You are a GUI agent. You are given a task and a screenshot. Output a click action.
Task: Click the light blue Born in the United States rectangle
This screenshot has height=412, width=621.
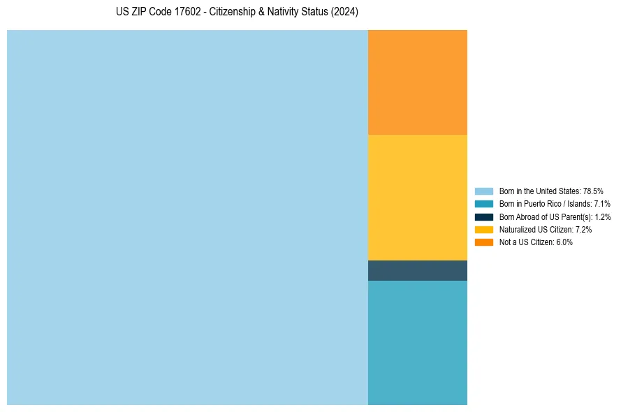(x=187, y=217)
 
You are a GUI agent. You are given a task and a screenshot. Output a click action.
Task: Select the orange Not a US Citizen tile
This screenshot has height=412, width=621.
(x=418, y=82)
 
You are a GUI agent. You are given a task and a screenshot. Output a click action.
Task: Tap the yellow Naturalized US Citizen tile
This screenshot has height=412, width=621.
(x=418, y=198)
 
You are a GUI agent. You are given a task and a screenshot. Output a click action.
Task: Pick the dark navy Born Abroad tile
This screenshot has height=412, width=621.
(x=418, y=270)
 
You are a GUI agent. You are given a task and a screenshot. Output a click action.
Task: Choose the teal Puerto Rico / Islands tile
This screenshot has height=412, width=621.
(x=418, y=342)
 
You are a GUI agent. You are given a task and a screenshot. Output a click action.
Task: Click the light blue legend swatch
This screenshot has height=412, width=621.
(x=484, y=191)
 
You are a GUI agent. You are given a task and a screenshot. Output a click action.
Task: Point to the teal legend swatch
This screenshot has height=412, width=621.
(x=484, y=204)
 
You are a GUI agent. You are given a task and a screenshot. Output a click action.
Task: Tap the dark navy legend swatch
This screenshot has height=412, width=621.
(x=484, y=216)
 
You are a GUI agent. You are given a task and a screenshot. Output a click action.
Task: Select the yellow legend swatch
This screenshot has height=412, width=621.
(x=484, y=229)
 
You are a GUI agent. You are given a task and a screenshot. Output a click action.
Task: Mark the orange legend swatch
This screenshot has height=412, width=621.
(x=484, y=242)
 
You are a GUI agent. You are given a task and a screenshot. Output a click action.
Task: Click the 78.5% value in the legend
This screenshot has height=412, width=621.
(x=593, y=191)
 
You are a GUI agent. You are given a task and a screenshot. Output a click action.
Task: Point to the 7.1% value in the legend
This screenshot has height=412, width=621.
(x=601, y=204)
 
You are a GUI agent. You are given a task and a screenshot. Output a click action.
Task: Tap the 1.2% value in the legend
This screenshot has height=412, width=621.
(x=602, y=216)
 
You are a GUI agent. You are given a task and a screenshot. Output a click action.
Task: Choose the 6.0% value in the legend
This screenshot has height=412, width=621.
(x=564, y=242)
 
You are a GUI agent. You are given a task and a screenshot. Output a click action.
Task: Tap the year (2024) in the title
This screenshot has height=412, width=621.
(x=344, y=13)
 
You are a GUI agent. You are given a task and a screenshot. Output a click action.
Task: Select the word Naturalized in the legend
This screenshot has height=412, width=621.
(x=516, y=229)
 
